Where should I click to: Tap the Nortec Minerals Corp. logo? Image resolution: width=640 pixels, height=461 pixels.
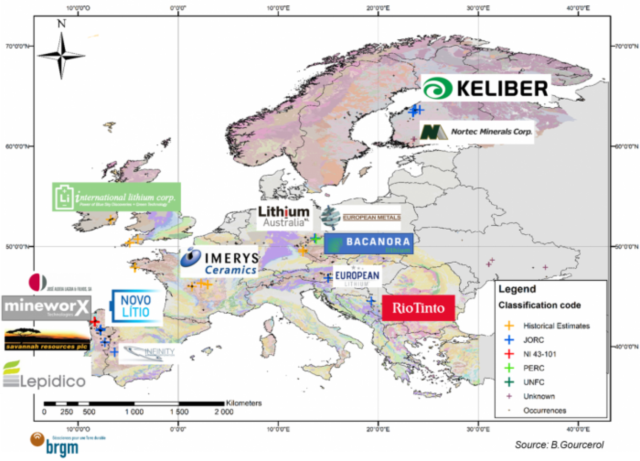[477, 132]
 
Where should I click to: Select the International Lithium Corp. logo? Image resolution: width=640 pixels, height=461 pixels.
[116, 197]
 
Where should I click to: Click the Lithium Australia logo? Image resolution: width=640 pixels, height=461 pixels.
[284, 217]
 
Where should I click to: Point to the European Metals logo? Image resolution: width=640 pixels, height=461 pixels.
[361, 217]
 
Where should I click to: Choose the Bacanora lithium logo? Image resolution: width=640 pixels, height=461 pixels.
[368, 243]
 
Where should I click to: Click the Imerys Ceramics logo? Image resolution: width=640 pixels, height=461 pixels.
[219, 262]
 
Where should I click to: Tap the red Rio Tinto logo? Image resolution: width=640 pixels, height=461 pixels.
[418, 308]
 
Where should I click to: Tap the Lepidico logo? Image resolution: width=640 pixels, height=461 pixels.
[44, 376]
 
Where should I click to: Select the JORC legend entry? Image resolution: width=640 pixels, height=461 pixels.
[533, 340]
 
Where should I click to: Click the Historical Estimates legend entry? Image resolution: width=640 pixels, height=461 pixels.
[556, 325]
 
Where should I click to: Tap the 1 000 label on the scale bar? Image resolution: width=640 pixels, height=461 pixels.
[134, 412]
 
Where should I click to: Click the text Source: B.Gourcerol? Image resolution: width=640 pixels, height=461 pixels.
[559, 445]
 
